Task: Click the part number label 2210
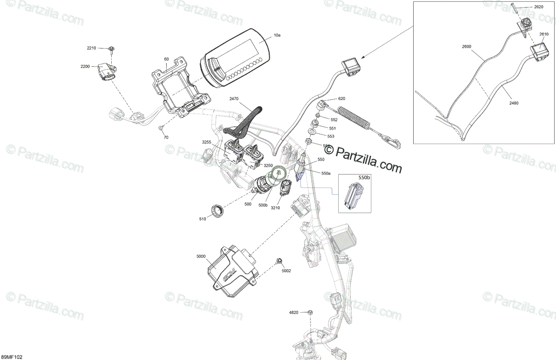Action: [x=91, y=48]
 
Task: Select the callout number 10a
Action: [x=277, y=35]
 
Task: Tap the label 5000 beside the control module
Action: [x=201, y=256]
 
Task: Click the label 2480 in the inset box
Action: [x=514, y=103]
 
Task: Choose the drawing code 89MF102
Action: [x=12, y=357]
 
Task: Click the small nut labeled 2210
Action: [x=112, y=49]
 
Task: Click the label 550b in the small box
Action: [x=364, y=177]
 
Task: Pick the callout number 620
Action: [x=342, y=99]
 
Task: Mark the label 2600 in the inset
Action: [x=466, y=46]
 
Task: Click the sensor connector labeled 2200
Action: [x=107, y=73]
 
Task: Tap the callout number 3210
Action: [x=276, y=208]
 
